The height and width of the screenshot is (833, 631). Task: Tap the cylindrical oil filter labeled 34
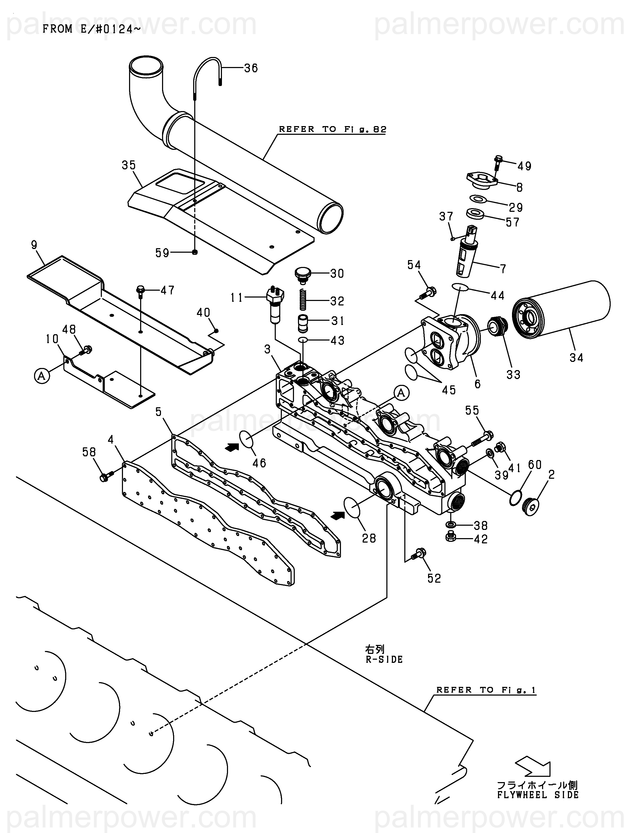point(561,314)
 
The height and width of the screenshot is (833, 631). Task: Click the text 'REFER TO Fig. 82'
point(333,129)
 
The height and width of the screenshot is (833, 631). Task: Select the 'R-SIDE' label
point(384,659)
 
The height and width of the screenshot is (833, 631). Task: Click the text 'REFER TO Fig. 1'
point(486,690)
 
